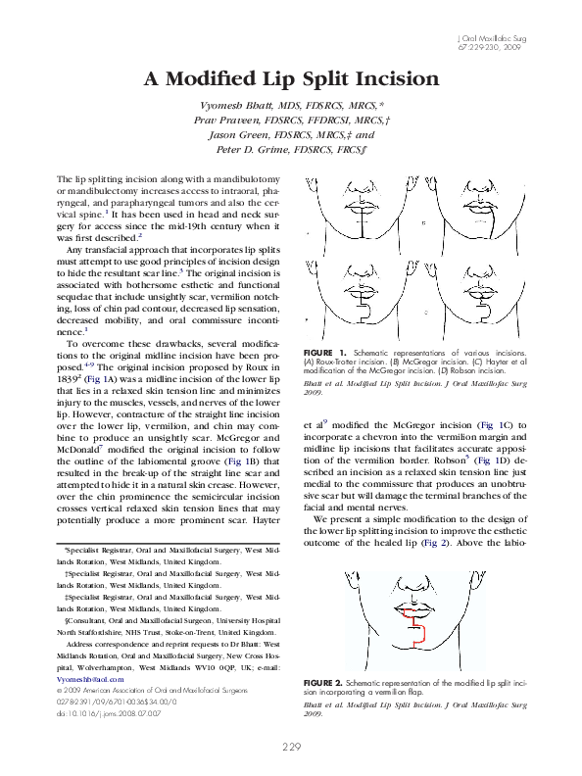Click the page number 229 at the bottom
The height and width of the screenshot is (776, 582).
291,748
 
